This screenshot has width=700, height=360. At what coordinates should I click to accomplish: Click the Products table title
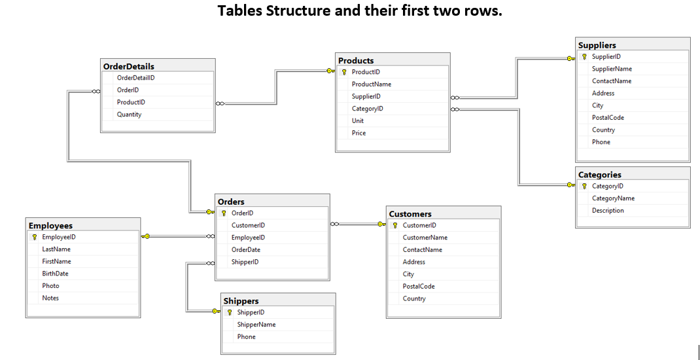click(x=356, y=60)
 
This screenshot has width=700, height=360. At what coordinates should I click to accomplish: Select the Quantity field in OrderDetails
click(x=129, y=115)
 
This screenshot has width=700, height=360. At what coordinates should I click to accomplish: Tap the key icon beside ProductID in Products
click(x=344, y=72)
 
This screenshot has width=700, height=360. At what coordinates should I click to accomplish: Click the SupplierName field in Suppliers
click(x=612, y=69)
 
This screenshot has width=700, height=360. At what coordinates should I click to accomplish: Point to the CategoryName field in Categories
click(x=613, y=198)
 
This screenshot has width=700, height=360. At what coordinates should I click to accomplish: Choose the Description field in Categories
click(x=608, y=211)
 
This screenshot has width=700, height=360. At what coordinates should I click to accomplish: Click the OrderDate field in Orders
click(x=246, y=249)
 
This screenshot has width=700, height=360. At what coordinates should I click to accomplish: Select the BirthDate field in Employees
click(x=55, y=274)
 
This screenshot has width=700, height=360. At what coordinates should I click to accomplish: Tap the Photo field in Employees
click(x=50, y=286)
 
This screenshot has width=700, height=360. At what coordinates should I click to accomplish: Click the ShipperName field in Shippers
click(x=256, y=325)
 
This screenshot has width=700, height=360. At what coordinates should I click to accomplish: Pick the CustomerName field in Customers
click(x=425, y=238)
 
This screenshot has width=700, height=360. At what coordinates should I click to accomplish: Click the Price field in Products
click(x=359, y=133)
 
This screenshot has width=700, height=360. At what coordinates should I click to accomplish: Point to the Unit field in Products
click(x=358, y=121)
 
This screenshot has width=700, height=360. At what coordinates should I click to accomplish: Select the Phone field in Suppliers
click(x=601, y=142)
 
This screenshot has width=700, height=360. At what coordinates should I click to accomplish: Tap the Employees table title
click(x=50, y=226)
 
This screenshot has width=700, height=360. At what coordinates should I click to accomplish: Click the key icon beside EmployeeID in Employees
click(x=35, y=237)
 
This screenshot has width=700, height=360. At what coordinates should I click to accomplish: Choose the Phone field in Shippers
click(x=247, y=337)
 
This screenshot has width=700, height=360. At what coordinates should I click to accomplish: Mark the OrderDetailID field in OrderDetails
click(x=135, y=78)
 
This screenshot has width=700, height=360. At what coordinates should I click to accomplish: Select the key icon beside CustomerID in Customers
click(x=395, y=225)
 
